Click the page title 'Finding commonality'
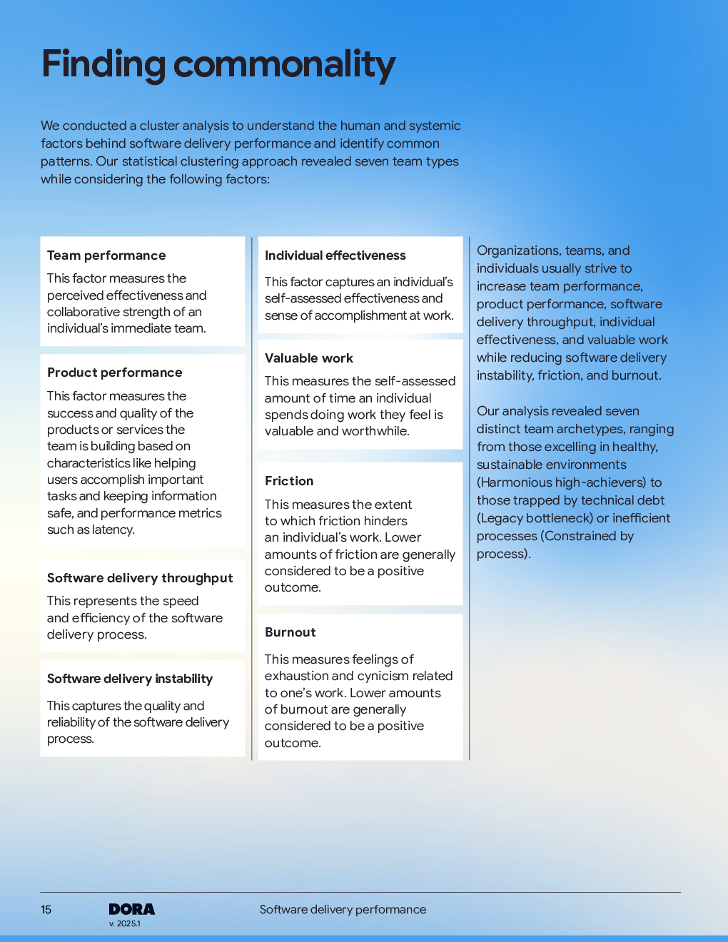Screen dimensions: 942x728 pos(218,64)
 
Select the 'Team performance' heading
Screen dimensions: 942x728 pos(106,255)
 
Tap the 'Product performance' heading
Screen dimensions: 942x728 pos(114,373)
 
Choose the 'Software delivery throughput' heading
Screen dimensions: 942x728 pos(140,578)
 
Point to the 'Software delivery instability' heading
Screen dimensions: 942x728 pos(130,679)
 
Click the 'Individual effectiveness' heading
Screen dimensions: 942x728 pos(335,255)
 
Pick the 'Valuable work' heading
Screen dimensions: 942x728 pos(308,358)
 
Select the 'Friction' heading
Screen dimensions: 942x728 pos(289,481)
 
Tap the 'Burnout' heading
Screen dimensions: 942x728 pos(290,632)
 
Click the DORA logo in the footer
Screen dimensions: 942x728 pos(131,909)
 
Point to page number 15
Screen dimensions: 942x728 pos(46,910)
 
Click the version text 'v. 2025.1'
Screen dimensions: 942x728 pos(125,923)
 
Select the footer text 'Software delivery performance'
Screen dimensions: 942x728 pos(343,910)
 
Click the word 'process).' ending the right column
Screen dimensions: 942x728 pos(503,554)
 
